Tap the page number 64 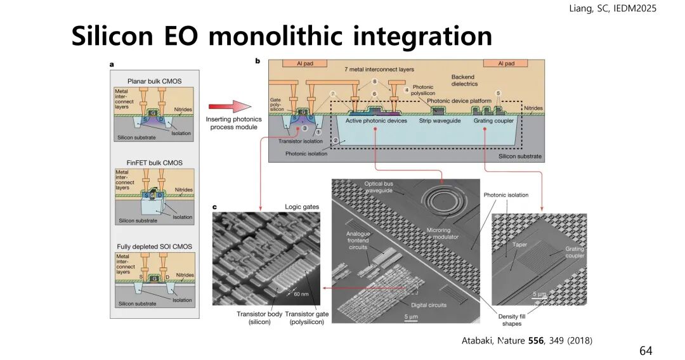[646, 350]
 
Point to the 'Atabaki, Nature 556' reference [526, 341]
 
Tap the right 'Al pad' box [506, 63]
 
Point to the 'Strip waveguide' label [442, 120]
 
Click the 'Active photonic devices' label [377, 120]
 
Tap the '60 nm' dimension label [301, 295]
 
